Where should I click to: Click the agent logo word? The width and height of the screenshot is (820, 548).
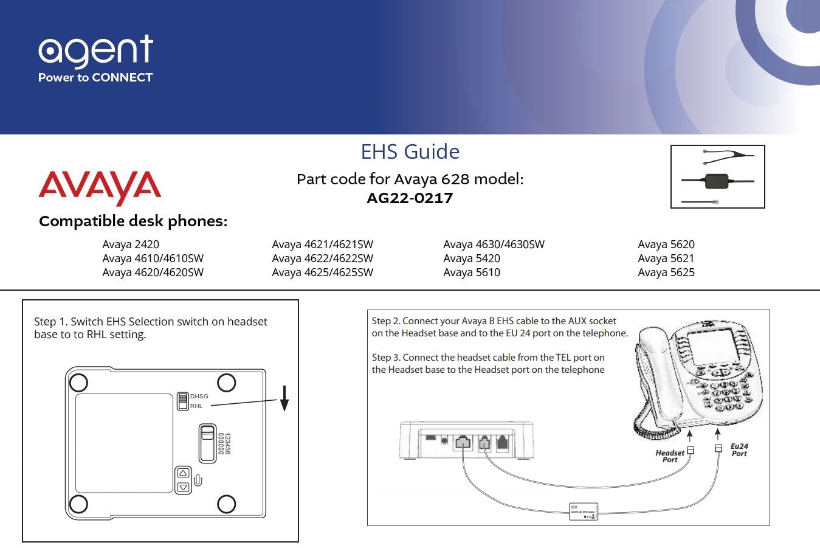(x=95, y=50)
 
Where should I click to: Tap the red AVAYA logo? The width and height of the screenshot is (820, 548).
(x=100, y=187)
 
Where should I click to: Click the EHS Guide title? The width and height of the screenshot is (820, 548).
(x=410, y=151)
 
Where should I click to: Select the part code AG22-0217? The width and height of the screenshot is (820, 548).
(x=410, y=198)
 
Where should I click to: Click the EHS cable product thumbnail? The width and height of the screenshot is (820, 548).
(x=717, y=177)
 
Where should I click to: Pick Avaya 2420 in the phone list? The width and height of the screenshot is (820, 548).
(x=131, y=245)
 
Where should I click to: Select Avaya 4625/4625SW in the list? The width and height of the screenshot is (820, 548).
(x=322, y=272)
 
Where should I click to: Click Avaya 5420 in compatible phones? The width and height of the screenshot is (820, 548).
(x=472, y=258)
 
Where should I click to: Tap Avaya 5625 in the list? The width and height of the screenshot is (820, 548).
(x=666, y=272)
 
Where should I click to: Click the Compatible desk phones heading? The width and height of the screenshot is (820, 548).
(x=133, y=221)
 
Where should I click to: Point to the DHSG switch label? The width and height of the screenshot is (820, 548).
(x=199, y=397)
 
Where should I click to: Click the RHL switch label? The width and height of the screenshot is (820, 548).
(x=196, y=406)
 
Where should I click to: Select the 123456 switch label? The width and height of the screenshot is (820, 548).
(x=224, y=444)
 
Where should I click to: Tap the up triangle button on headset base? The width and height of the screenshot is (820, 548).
(x=183, y=473)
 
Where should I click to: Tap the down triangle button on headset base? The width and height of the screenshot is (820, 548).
(x=183, y=487)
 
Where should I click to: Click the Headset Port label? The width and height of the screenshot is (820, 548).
(x=669, y=456)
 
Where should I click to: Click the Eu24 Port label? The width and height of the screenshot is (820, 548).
(x=739, y=450)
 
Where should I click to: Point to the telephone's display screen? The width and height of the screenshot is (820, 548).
(x=711, y=346)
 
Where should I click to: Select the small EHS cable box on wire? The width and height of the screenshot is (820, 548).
(x=584, y=512)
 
